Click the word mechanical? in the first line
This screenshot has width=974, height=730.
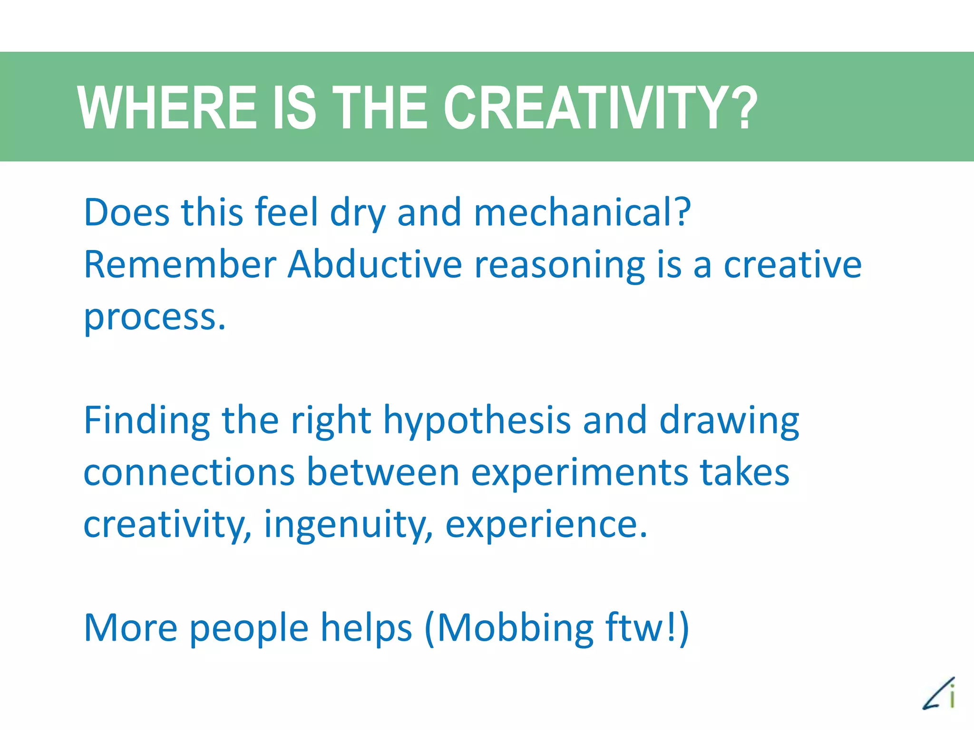coord(582,212)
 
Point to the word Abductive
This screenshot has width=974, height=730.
coord(375,264)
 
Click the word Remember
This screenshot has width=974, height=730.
coord(180,264)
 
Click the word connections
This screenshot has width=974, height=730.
coord(189,472)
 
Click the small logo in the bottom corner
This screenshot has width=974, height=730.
coord(939,694)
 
